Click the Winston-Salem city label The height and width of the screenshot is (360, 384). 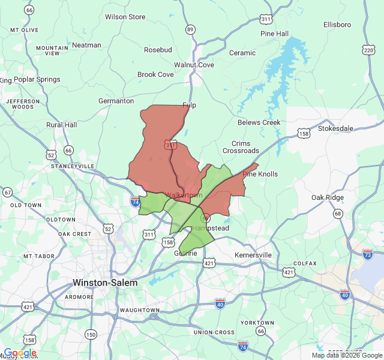105,282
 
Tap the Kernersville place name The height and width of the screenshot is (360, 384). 253,255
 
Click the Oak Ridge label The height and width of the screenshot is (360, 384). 328,197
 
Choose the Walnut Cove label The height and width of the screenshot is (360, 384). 194,65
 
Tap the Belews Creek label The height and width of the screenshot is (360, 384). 259,122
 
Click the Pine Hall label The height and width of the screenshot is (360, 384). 274,34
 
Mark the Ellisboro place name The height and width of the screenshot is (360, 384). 337,25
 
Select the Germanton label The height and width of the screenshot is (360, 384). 116,101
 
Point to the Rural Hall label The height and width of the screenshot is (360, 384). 62,125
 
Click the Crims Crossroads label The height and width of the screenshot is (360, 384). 241,147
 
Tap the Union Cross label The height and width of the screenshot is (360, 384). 214,332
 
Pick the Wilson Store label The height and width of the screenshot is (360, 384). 125,17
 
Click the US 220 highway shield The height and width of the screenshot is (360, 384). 368,50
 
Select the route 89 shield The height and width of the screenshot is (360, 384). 190,29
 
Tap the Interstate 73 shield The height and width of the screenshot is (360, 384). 367,254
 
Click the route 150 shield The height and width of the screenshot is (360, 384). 91,334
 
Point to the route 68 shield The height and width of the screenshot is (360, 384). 338,214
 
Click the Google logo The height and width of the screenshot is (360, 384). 20,353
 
